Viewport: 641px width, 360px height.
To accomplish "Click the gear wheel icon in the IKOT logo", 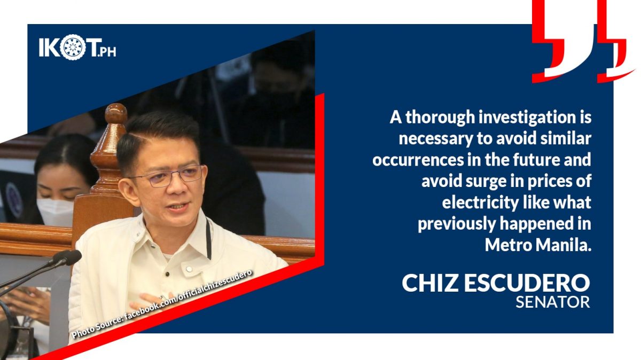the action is tap(73, 47).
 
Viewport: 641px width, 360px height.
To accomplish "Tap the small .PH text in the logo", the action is tap(106, 52).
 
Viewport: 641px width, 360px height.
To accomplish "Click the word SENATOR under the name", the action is tap(553, 302).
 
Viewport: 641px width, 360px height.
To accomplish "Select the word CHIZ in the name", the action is tap(430, 283).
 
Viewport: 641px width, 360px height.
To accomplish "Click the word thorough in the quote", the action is tap(440, 118).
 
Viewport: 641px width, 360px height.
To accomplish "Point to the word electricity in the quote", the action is tap(480, 202).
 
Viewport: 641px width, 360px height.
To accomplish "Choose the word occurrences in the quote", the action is tap(418, 160).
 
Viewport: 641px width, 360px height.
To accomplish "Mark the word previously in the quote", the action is tap(456, 224).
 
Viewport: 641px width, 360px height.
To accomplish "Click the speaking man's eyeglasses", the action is tap(168, 176).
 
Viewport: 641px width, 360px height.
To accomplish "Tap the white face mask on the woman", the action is tap(55, 212).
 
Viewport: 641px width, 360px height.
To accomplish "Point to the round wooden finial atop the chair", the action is tap(116, 114).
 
